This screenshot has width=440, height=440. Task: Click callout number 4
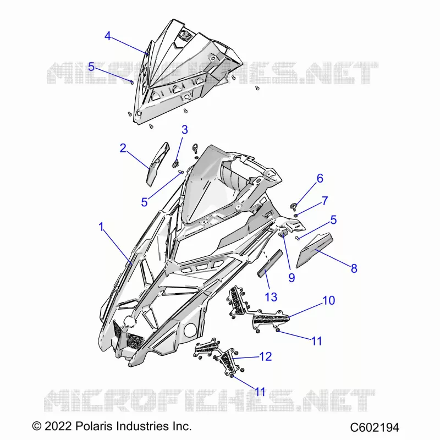pyautogui.click(x=108, y=36)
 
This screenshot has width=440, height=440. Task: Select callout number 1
pyautogui.click(x=101, y=227)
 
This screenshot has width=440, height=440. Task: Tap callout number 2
pyautogui.click(x=123, y=148)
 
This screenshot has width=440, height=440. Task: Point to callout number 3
pyautogui.click(x=185, y=130)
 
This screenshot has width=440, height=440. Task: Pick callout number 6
pyautogui.click(x=320, y=178)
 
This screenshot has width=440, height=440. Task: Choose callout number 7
pyautogui.click(x=324, y=201)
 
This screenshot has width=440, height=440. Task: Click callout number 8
pyautogui.click(x=354, y=268)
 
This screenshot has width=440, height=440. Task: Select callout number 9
pyautogui.click(x=291, y=278)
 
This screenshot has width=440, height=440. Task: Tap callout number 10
pyautogui.click(x=329, y=300)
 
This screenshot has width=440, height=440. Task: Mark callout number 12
pyautogui.click(x=266, y=356)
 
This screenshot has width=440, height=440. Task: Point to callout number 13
pyautogui.click(x=271, y=297)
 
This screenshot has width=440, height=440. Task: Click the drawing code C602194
pyautogui.click(x=375, y=428)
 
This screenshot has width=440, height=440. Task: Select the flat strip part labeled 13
pyautogui.click(x=270, y=263)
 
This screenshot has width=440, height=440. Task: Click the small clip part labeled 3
pyautogui.click(x=175, y=163)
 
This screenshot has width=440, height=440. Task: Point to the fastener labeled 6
pyautogui.click(x=293, y=207)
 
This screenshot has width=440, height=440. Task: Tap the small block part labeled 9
pyautogui.click(x=283, y=233)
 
